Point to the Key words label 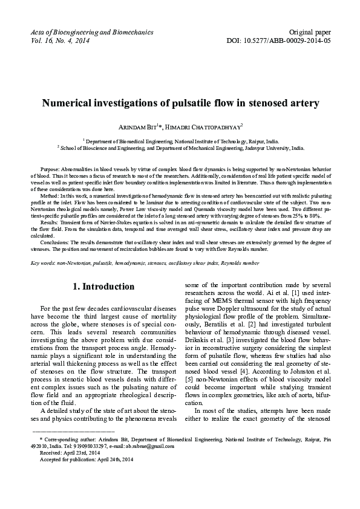click(x=45, y=264)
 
